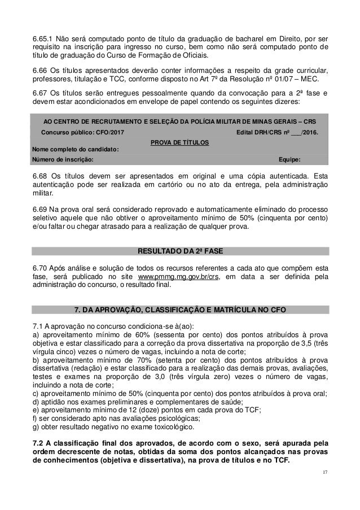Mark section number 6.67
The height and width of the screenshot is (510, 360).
[x=39, y=91]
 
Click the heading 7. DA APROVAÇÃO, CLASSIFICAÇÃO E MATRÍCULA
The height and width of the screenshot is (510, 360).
[x=180, y=308]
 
